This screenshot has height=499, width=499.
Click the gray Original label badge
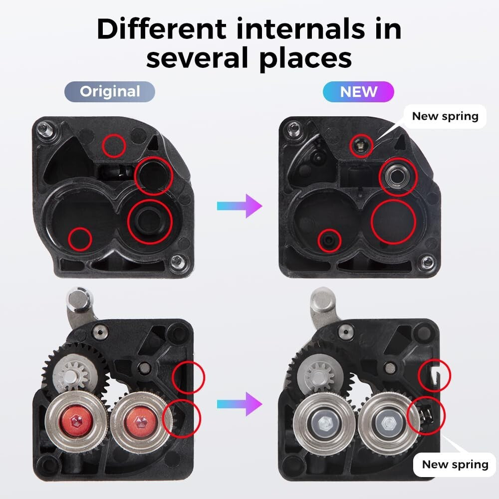pyautogui.click(x=110, y=92)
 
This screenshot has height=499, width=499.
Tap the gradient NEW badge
pyautogui.click(x=358, y=92)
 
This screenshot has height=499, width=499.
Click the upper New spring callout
pyautogui.click(x=445, y=116)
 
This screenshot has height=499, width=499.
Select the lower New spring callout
pyautogui.click(x=455, y=465)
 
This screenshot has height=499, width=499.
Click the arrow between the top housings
pyautogui.click(x=239, y=206)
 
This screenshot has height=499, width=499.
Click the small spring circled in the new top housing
pyautogui.click(x=358, y=145)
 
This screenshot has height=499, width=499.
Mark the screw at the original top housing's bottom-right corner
pyautogui.click(x=176, y=260)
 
